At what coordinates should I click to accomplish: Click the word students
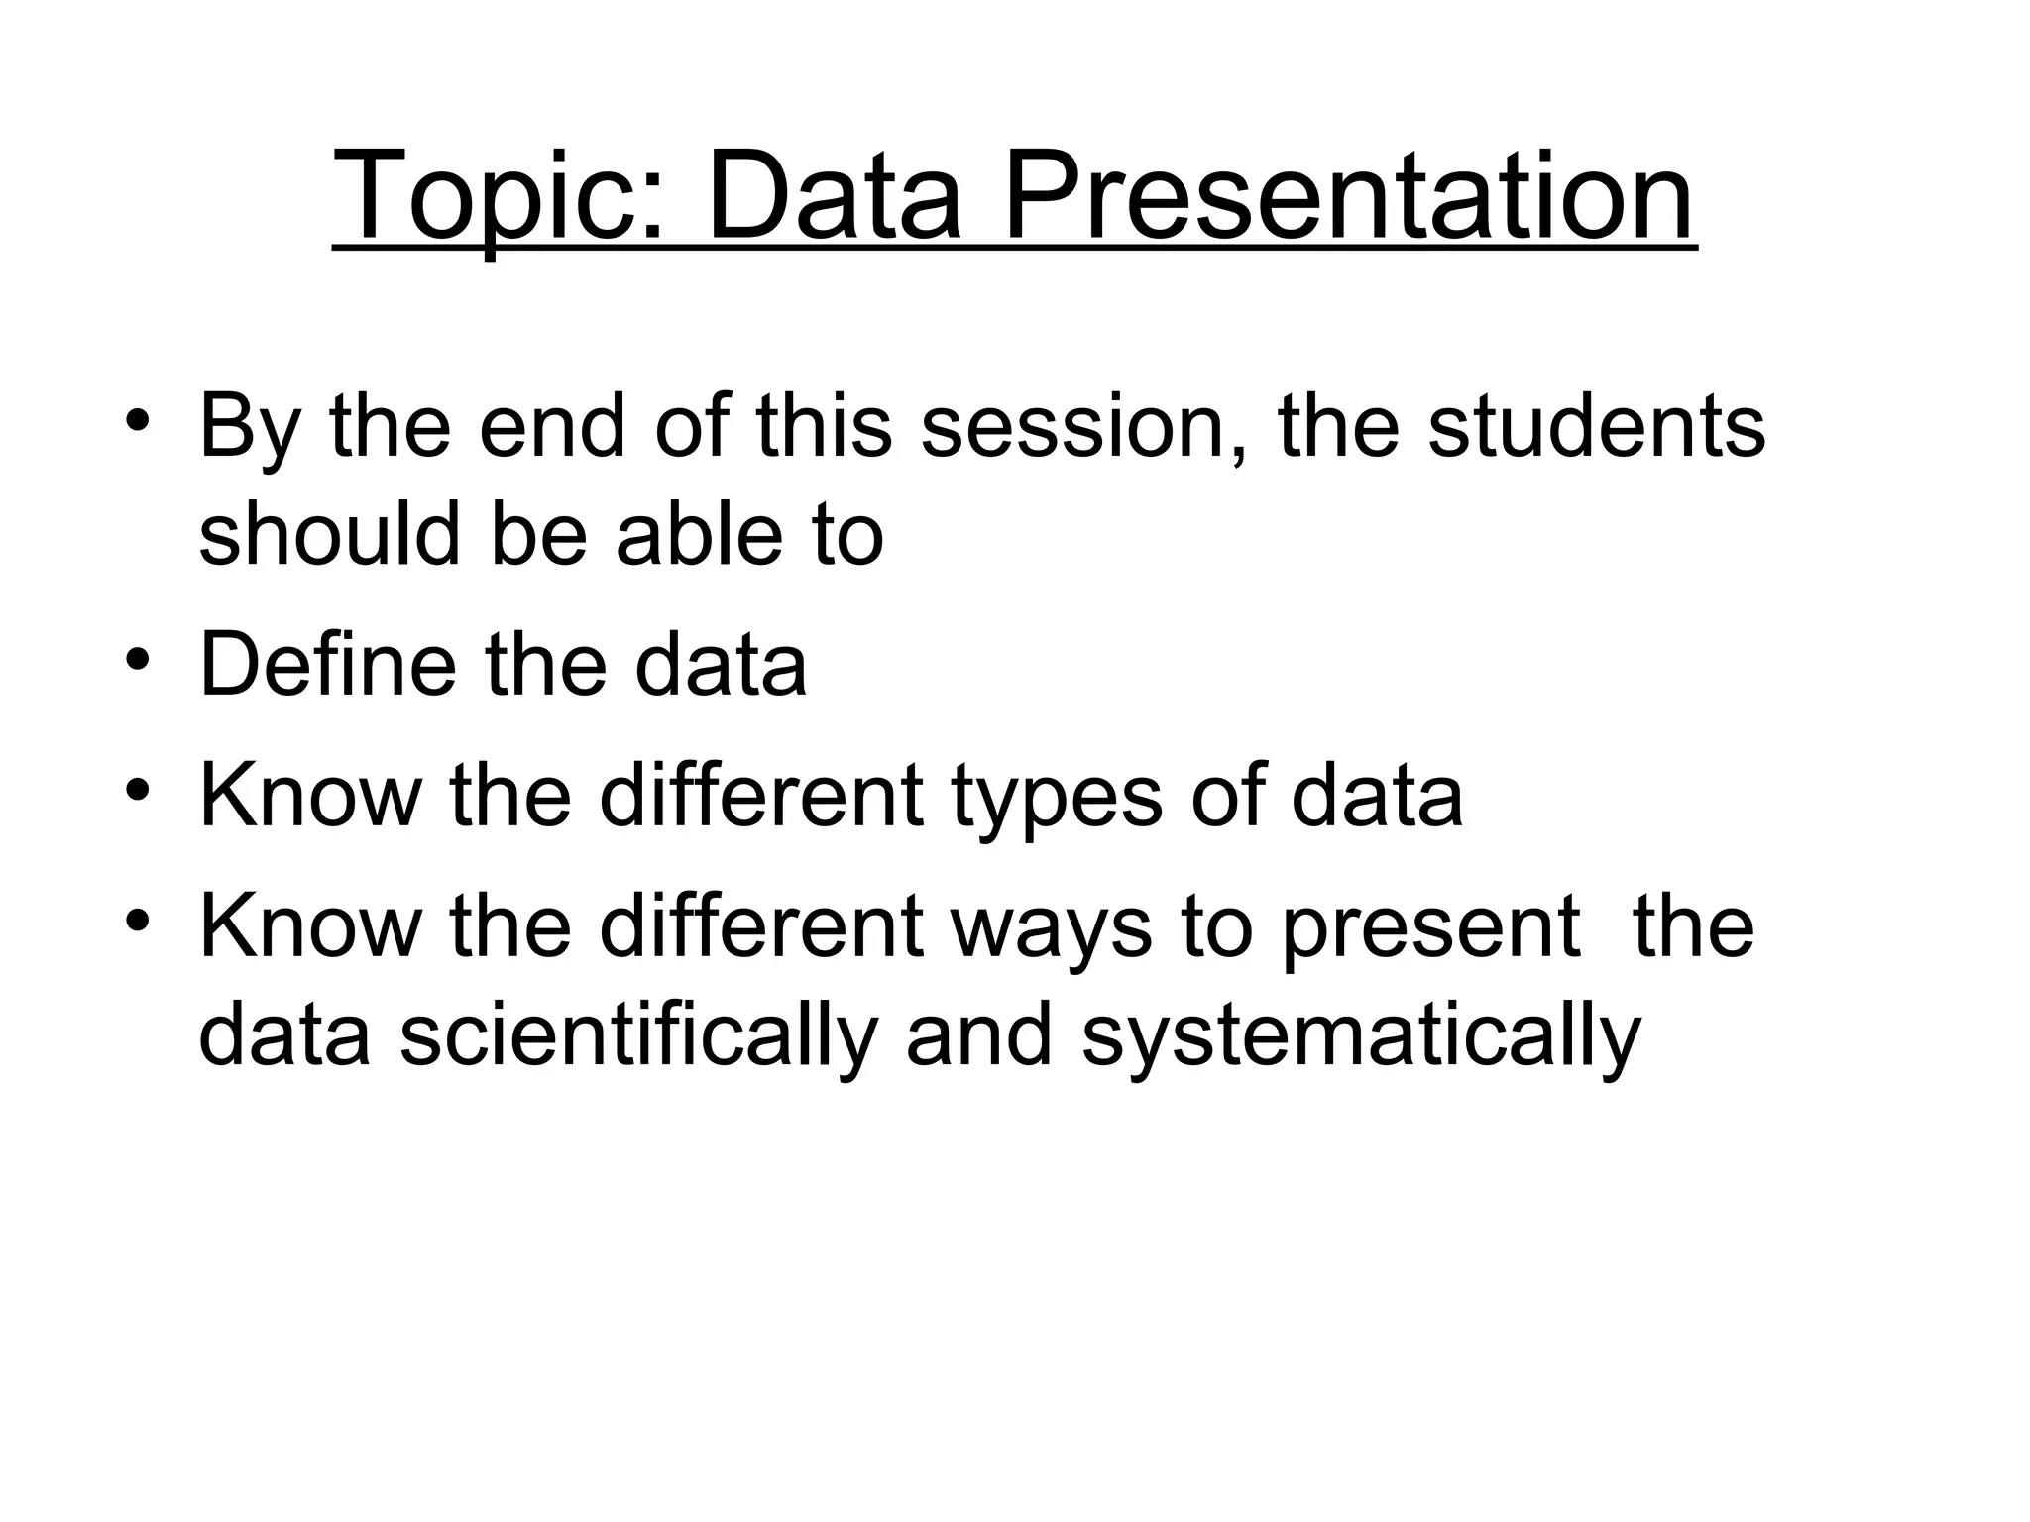[1596, 428]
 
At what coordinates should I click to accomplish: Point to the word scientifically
[638, 1038]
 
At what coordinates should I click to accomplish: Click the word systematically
[1362, 1038]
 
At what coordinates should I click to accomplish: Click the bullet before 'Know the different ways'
[138, 921]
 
